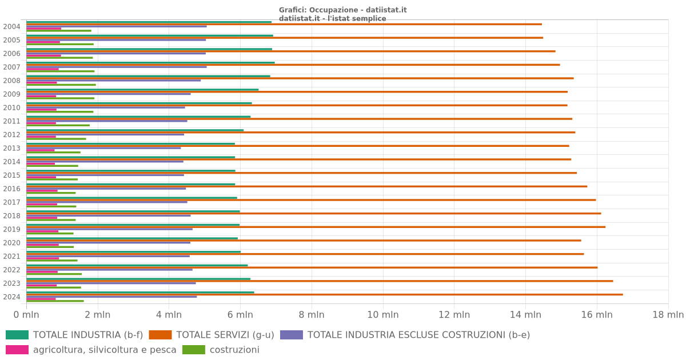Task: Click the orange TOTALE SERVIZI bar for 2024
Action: tap(325, 294)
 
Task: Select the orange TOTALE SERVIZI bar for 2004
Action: tap(284, 24)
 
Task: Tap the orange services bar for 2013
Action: tap(298, 146)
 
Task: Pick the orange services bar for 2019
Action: tap(316, 227)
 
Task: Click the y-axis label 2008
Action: tap(11, 81)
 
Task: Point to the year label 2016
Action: tap(11, 189)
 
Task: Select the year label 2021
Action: tap(11, 257)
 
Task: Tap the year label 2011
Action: tap(11, 121)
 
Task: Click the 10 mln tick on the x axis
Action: tap(383, 315)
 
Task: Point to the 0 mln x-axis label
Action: tap(26, 315)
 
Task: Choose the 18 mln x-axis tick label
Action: tap(668, 315)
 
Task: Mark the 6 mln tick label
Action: tap(240, 315)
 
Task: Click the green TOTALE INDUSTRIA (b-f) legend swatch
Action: tap(17, 335)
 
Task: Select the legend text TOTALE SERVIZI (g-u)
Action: tap(225, 335)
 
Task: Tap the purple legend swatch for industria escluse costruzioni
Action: tap(292, 335)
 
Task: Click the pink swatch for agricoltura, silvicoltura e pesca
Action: tap(17, 350)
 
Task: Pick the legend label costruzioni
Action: tap(234, 350)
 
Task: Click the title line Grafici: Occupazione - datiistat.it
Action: tap(343, 10)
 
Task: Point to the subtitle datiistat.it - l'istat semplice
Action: tap(333, 18)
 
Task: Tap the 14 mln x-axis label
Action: tap(525, 315)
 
